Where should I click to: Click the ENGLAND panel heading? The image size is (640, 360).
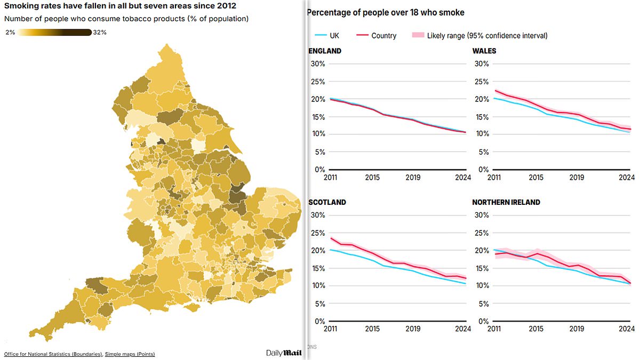point(325,51)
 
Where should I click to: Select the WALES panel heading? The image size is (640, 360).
point(484,51)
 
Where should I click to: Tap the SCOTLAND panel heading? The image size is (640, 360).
point(327,203)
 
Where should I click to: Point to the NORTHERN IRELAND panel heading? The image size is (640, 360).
point(506,203)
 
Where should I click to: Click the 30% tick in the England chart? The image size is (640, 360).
point(317,64)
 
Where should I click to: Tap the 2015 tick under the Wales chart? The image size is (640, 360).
point(536,178)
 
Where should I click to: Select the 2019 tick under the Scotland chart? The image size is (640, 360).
point(413,329)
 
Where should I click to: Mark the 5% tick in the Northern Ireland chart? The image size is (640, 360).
point(482,303)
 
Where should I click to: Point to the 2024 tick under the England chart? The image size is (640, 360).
point(463,178)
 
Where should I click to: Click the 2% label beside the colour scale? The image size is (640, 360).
point(10,33)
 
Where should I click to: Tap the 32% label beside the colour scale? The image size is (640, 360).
point(100,33)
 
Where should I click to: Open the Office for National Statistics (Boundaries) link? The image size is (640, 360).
point(53,354)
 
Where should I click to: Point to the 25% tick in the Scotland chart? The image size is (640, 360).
point(317,233)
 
